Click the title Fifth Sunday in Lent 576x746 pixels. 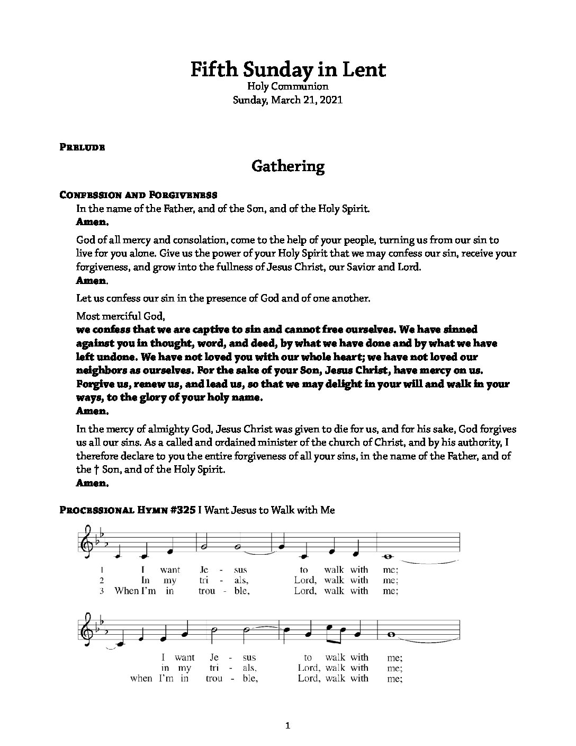tap(288, 69)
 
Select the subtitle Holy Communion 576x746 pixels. tap(288, 86)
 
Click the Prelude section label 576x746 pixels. tap(83, 147)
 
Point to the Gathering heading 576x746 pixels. tap(288, 166)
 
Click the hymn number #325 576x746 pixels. tap(182, 510)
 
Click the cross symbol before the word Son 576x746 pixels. tap(96, 469)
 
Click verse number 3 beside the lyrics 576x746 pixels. tap(100, 590)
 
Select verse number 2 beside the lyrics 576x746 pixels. tap(100, 580)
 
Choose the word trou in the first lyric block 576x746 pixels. tap(207, 590)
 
